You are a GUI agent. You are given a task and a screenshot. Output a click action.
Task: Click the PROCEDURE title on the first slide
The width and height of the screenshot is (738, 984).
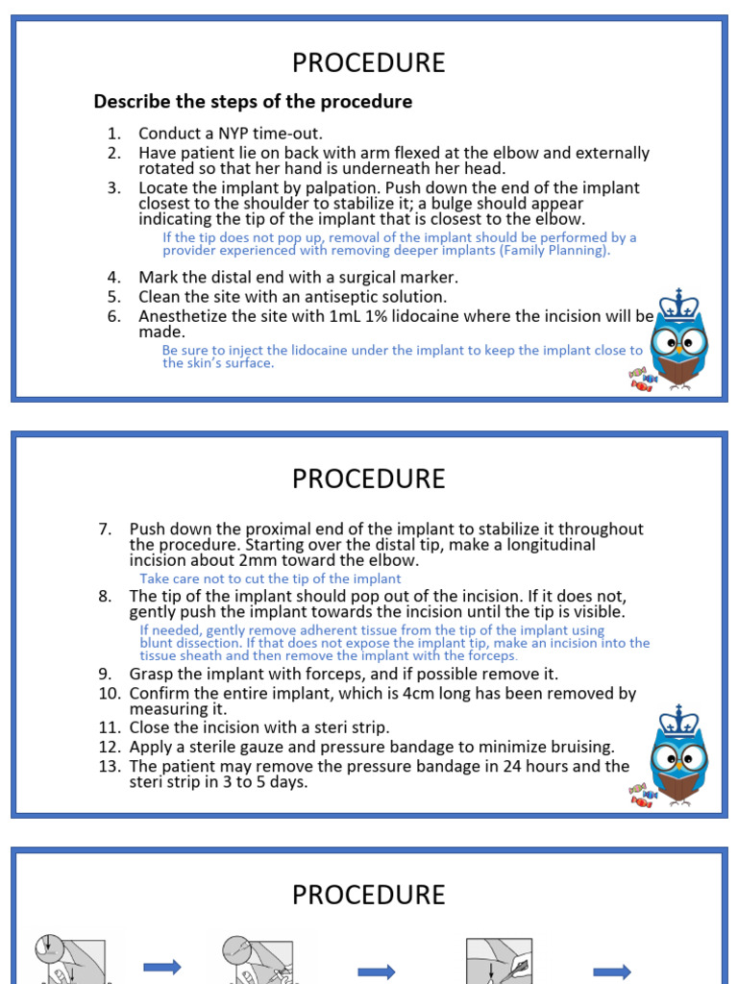[369, 63]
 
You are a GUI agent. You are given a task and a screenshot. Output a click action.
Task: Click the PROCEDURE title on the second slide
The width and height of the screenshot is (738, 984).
[369, 479]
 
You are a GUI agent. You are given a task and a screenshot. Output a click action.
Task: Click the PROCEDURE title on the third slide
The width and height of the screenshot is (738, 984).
[369, 896]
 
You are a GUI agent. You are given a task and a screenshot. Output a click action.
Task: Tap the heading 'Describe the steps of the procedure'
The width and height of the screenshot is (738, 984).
[253, 102]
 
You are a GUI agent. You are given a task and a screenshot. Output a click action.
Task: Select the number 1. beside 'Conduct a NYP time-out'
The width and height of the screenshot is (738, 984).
[114, 134]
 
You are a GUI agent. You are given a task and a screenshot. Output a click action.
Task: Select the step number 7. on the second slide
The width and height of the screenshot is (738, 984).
[106, 529]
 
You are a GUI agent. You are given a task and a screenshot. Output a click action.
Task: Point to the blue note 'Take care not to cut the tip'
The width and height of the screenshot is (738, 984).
[270, 578]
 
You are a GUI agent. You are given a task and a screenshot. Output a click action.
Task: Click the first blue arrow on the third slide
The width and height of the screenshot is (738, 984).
[161, 967]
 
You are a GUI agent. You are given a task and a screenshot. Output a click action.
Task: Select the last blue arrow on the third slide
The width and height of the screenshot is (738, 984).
[611, 972]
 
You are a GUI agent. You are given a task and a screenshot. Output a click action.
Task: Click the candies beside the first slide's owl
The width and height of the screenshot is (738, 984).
[641, 380]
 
